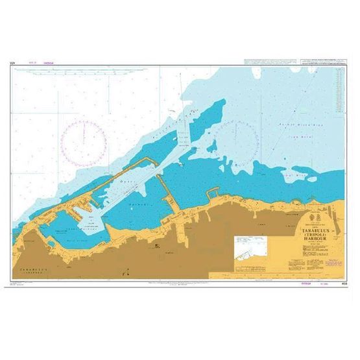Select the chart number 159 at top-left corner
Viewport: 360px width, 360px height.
[12, 63]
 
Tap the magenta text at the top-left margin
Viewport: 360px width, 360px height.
[41, 62]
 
